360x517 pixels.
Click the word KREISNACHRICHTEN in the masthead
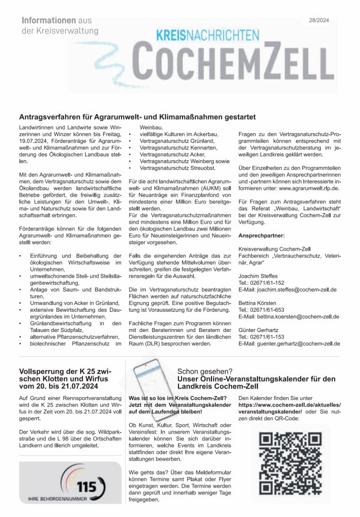(208, 36)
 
